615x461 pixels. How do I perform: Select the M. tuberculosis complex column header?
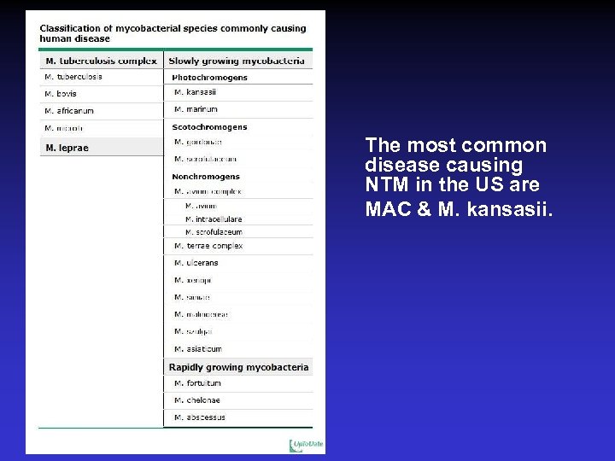[101, 61]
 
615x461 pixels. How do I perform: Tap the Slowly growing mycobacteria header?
[237, 61]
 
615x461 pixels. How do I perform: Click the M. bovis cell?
[61, 94]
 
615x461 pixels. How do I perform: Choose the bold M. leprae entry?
[67, 148]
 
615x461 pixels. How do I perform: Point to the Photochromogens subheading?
[210, 78]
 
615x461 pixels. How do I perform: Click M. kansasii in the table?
[196, 92]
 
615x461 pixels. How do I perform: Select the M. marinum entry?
[196, 109]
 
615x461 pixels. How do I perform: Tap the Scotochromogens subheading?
[209, 127]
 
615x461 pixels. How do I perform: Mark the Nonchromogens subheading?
[206, 177]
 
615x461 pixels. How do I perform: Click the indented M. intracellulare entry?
[214, 219]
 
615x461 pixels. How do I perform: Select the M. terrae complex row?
[208, 246]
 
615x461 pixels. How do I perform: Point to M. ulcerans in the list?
[196, 263]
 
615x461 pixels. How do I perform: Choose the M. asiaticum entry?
[198, 349]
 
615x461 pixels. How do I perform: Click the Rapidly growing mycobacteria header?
[238, 367]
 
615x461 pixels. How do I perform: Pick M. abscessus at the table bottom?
[200, 417]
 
